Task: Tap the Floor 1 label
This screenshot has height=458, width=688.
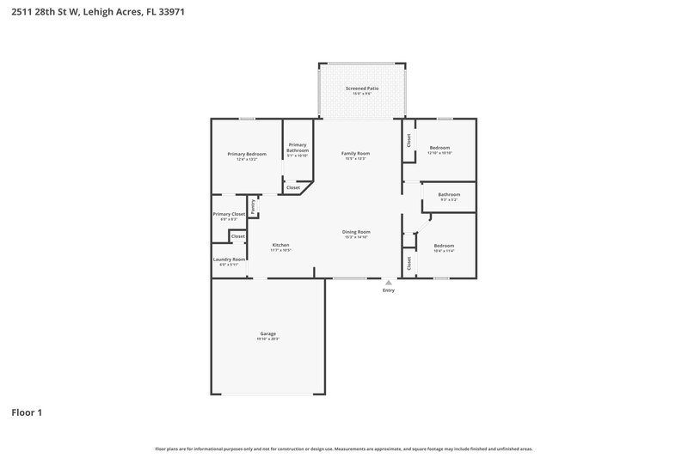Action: pos(27,412)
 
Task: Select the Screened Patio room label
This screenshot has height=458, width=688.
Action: pos(362,89)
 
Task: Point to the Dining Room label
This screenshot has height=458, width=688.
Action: pos(356,231)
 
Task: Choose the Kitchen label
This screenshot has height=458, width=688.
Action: pos(281,245)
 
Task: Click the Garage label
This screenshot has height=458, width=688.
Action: pos(267,333)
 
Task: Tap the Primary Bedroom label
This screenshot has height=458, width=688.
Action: pos(247,154)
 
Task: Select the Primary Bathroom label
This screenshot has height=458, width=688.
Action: pos(298,147)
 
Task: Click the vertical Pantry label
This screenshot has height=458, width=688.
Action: pos(254,205)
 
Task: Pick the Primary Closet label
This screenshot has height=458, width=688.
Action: pos(229,213)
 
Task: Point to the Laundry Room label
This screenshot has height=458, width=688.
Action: pos(229,260)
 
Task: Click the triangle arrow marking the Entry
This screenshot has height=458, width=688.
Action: pos(389,282)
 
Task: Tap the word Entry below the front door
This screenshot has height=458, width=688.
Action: pos(389,290)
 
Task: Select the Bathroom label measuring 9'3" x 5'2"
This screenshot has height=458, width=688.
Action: pos(449,194)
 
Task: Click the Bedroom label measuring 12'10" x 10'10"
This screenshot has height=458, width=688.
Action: pos(439,148)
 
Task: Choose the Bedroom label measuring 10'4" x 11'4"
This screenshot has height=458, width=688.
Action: pos(444,246)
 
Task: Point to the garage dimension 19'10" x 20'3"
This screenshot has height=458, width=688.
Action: pos(267,339)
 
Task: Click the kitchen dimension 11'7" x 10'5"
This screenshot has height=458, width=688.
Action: pos(281,250)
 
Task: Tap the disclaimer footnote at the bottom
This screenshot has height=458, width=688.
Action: pos(344,449)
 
